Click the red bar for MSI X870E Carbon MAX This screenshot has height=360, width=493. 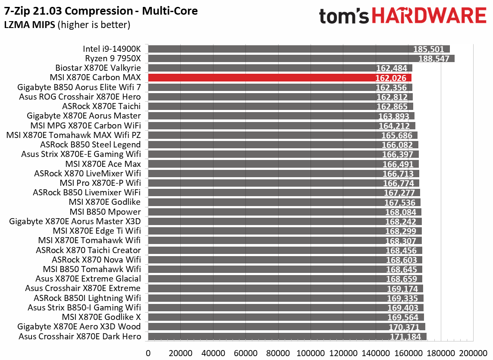[279, 78]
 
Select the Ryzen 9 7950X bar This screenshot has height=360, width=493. [301, 59]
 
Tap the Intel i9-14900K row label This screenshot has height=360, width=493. [112, 49]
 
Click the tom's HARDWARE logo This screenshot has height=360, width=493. [402, 16]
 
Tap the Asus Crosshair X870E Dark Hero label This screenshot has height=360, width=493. [80, 336]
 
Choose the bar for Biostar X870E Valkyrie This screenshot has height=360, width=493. [280, 68]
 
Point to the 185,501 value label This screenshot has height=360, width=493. [429, 49]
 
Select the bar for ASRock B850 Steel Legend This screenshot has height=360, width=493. [283, 145]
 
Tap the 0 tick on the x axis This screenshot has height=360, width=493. [148, 353]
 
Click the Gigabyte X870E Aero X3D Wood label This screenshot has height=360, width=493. [79, 327]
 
